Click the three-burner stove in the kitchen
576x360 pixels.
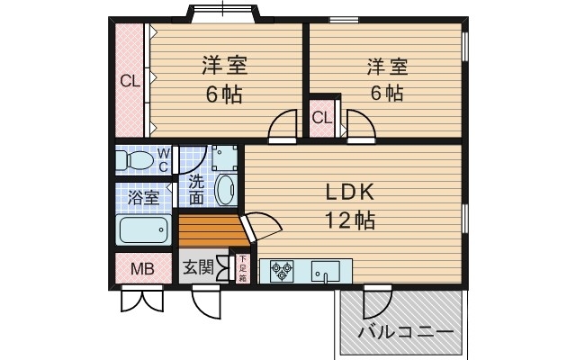tap(281, 270)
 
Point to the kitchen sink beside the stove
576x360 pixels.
tap(325, 271)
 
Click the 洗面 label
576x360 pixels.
tap(196, 188)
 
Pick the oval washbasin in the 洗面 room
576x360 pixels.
tap(226, 191)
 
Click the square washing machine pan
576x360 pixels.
tap(224, 157)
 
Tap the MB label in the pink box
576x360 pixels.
tap(142, 268)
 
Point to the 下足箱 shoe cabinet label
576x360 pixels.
tap(241, 270)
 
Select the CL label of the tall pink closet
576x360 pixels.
tap(130, 81)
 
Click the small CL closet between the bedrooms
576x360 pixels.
tap(322, 119)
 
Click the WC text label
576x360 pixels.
tap(164, 160)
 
